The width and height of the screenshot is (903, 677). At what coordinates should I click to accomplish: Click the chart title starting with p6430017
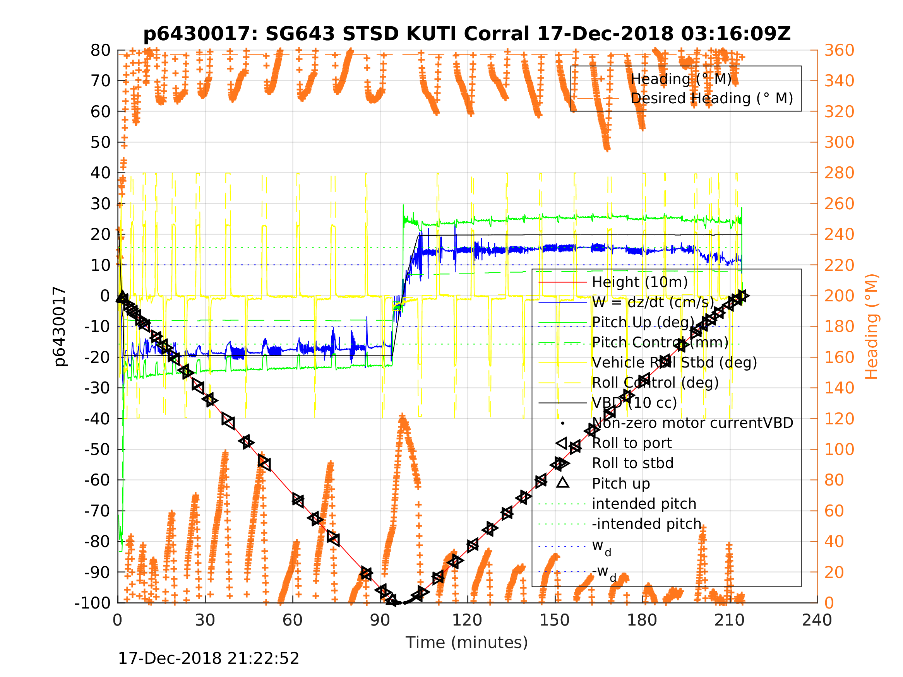[x=467, y=34]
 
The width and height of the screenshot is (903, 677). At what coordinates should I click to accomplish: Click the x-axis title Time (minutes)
[x=467, y=642]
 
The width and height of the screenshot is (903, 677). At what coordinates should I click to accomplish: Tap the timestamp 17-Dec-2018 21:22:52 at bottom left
[x=208, y=658]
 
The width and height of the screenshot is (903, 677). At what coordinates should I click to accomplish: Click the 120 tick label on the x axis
[x=468, y=620]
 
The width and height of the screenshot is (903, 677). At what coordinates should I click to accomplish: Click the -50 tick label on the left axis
[x=97, y=449]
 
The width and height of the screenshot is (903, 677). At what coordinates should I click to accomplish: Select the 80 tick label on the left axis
[x=100, y=51]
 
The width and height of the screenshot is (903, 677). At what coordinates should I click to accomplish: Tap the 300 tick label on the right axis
[x=839, y=142]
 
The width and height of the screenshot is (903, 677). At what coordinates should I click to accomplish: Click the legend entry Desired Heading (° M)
[x=711, y=98]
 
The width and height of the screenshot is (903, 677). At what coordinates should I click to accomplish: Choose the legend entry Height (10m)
[x=640, y=282]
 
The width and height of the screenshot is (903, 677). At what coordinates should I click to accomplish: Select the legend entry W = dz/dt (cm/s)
[x=653, y=303]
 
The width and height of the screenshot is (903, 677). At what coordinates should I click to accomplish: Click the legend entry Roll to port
[x=632, y=443]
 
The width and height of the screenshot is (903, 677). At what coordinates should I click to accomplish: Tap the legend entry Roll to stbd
[x=632, y=463]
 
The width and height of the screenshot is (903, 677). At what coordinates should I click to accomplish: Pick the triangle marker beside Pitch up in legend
[x=562, y=483]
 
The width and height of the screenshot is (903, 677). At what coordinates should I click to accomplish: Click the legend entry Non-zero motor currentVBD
[x=692, y=423]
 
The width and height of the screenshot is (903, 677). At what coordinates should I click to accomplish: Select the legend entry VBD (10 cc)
[x=634, y=403]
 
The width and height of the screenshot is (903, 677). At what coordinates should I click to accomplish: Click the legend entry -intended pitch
[x=647, y=523]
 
